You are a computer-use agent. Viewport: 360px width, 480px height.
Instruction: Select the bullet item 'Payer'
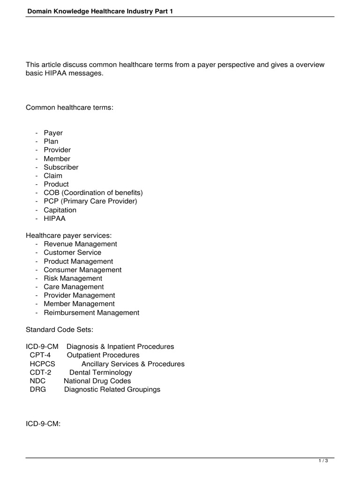pos(53,133)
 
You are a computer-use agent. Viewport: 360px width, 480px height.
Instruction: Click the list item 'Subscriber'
pos(61,167)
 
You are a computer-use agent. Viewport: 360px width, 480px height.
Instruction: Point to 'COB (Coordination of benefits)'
pos(93,193)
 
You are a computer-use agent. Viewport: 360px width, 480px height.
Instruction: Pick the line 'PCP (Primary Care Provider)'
pos(90,202)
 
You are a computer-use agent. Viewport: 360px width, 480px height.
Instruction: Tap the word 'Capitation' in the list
pos(60,210)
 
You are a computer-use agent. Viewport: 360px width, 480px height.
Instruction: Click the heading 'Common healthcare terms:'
pos(70,108)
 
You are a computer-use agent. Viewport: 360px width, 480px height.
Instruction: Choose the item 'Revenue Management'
pos(80,244)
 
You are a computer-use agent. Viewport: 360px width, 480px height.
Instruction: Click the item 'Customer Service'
pos(72,253)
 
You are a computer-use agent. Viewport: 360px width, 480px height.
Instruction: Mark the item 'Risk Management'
pos(73,278)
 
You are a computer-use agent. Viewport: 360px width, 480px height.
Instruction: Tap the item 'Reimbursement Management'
pos(91,313)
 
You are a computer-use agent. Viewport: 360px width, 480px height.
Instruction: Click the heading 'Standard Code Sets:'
pos(60,330)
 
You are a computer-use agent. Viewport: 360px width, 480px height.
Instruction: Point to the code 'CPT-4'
pos(40,355)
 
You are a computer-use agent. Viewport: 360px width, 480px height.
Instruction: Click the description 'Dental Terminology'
pos(100,373)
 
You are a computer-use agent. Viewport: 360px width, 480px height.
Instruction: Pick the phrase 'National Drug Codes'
pos(97,381)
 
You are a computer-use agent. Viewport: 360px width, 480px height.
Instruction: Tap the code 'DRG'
pos(38,390)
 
